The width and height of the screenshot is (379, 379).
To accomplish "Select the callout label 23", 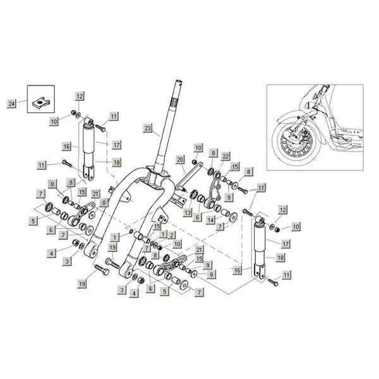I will point(148,129).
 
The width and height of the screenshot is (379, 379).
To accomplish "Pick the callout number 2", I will point(171,234).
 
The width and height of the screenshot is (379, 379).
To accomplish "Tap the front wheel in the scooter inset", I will point(292,140).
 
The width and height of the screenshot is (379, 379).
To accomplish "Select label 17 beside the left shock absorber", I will point(117,143).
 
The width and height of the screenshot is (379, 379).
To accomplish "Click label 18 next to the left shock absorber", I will point(117,162).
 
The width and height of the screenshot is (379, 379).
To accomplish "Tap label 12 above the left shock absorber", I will point(80,95).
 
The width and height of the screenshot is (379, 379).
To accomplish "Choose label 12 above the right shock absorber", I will point(283,209).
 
